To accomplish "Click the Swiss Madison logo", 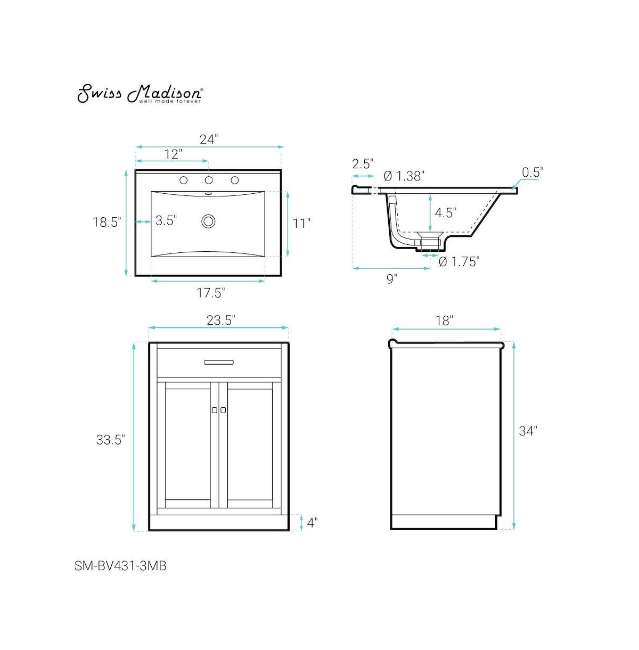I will point(140,93).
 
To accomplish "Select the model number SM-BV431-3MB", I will point(120,566).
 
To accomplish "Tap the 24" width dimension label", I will point(209,139).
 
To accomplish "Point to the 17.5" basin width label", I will point(211,292).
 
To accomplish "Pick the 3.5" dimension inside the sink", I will point(166,220).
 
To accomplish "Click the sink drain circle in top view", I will point(208,221).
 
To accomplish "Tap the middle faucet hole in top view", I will point(209,180).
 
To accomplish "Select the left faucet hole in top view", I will point(184,180).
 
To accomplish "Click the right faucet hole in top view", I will point(234,180).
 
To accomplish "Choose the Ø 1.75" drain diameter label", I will point(459,261).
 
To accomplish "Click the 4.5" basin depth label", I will point(445,213).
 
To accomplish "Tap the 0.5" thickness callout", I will point(531,172).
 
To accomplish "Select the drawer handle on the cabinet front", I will point(219,363).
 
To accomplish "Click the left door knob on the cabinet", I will point(214,410).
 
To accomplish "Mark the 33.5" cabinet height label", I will point(110,440).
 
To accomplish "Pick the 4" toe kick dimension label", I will point(312,523).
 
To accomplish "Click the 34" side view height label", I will point(528,431).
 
